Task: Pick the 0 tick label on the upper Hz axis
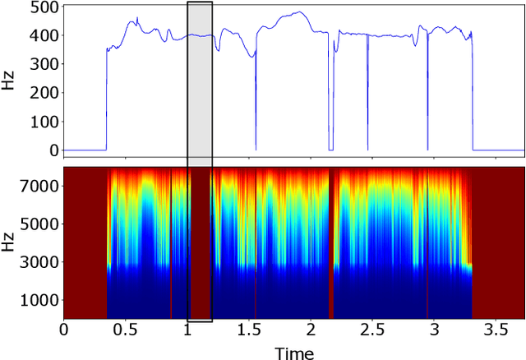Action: click(x=53, y=150)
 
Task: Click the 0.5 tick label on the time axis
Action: click(x=126, y=330)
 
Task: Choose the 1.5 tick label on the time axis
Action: click(x=249, y=330)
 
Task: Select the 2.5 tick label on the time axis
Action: click(x=371, y=330)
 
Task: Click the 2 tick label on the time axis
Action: click(x=311, y=330)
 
